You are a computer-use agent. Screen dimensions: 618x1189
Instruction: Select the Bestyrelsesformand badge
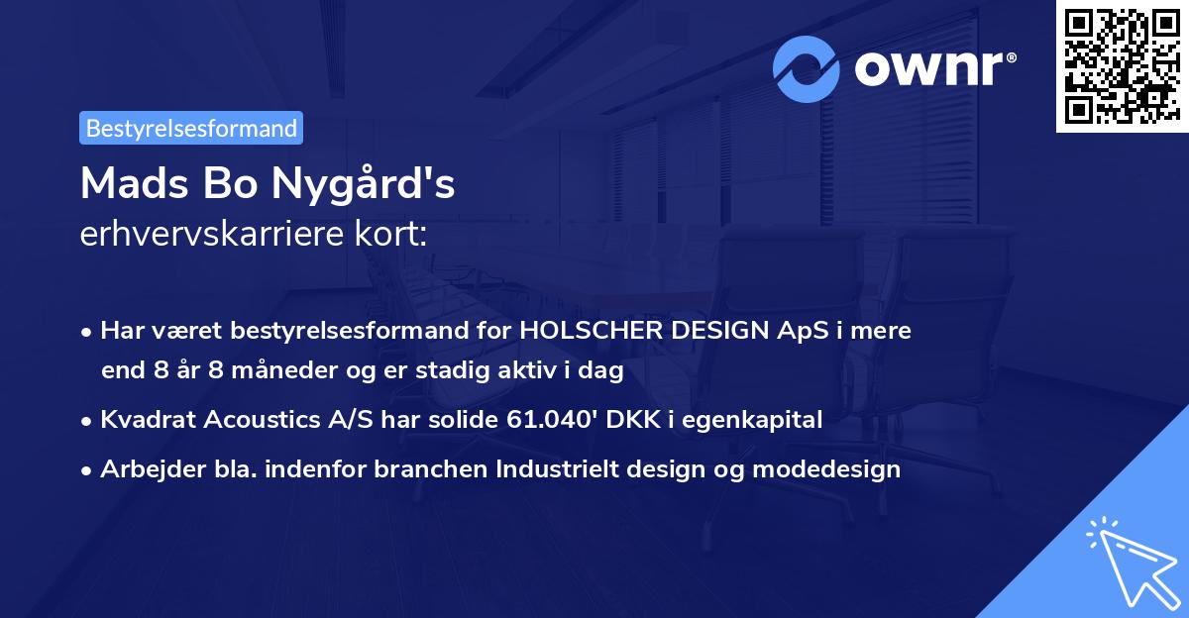point(191,128)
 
